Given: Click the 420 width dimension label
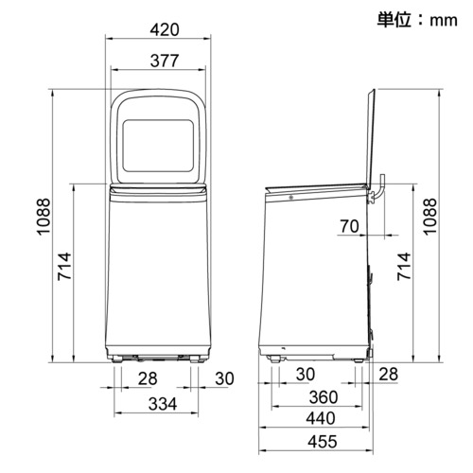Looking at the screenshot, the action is pyautogui.click(x=165, y=30).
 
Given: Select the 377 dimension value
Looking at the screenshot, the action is pyautogui.click(x=165, y=61).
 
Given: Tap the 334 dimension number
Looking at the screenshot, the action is pyautogui.click(x=163, y=404).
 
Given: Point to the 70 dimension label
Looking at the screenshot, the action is pyautogui.click(x=349, y=226).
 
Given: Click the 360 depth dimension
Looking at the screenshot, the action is pyautogui.click(x=324, y=397).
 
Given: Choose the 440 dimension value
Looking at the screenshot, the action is pyautogui.click(x=321, y=418).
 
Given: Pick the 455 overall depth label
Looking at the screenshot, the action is pyautogui.click(x=323, y=442).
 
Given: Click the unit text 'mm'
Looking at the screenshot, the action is pyautogui.click(x=444, y=21).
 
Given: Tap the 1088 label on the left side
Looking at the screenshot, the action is pyautogui.click(x=44, y=217).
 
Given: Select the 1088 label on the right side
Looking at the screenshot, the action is pyautogui.click(x=429, y=217).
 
